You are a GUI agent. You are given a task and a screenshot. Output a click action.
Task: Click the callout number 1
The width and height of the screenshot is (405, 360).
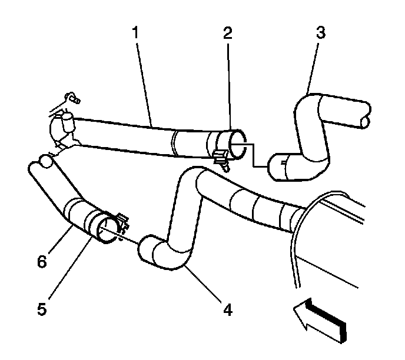click(136, 32)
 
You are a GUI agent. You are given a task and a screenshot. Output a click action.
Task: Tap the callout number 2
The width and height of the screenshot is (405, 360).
click(228, 32)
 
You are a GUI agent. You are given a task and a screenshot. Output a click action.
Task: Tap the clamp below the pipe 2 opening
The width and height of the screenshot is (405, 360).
click(220, 157)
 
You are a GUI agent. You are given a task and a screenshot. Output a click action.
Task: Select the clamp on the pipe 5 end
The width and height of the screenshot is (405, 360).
click(122, 221)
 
